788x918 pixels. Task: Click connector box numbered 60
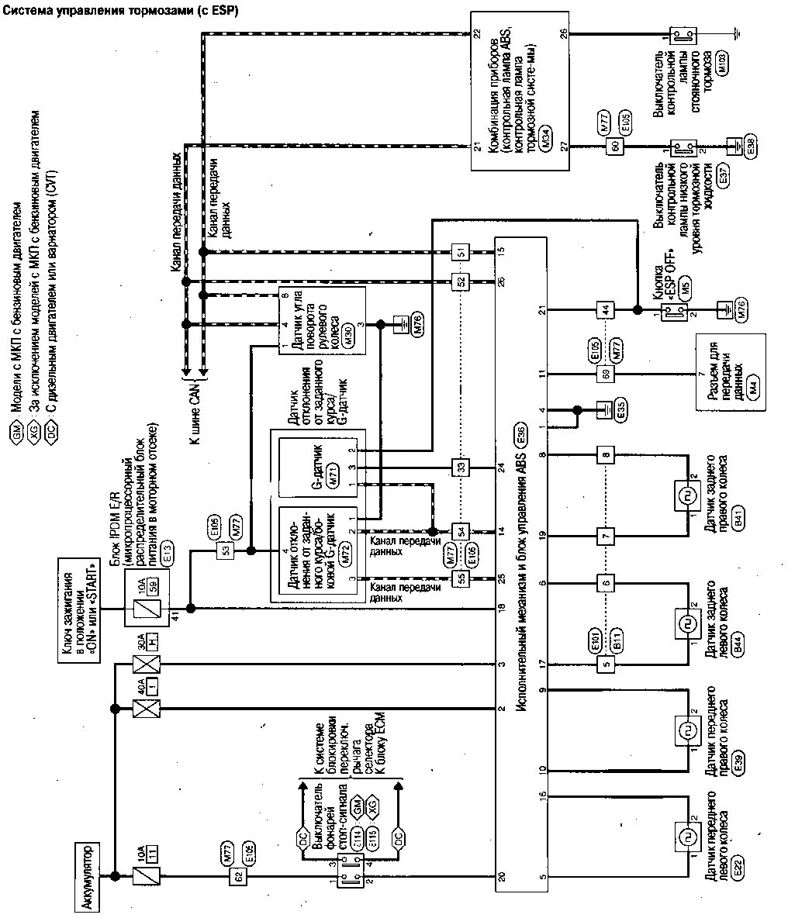point(616,147)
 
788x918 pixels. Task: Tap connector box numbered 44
point(605,310)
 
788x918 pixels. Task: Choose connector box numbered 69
point(605,374)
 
